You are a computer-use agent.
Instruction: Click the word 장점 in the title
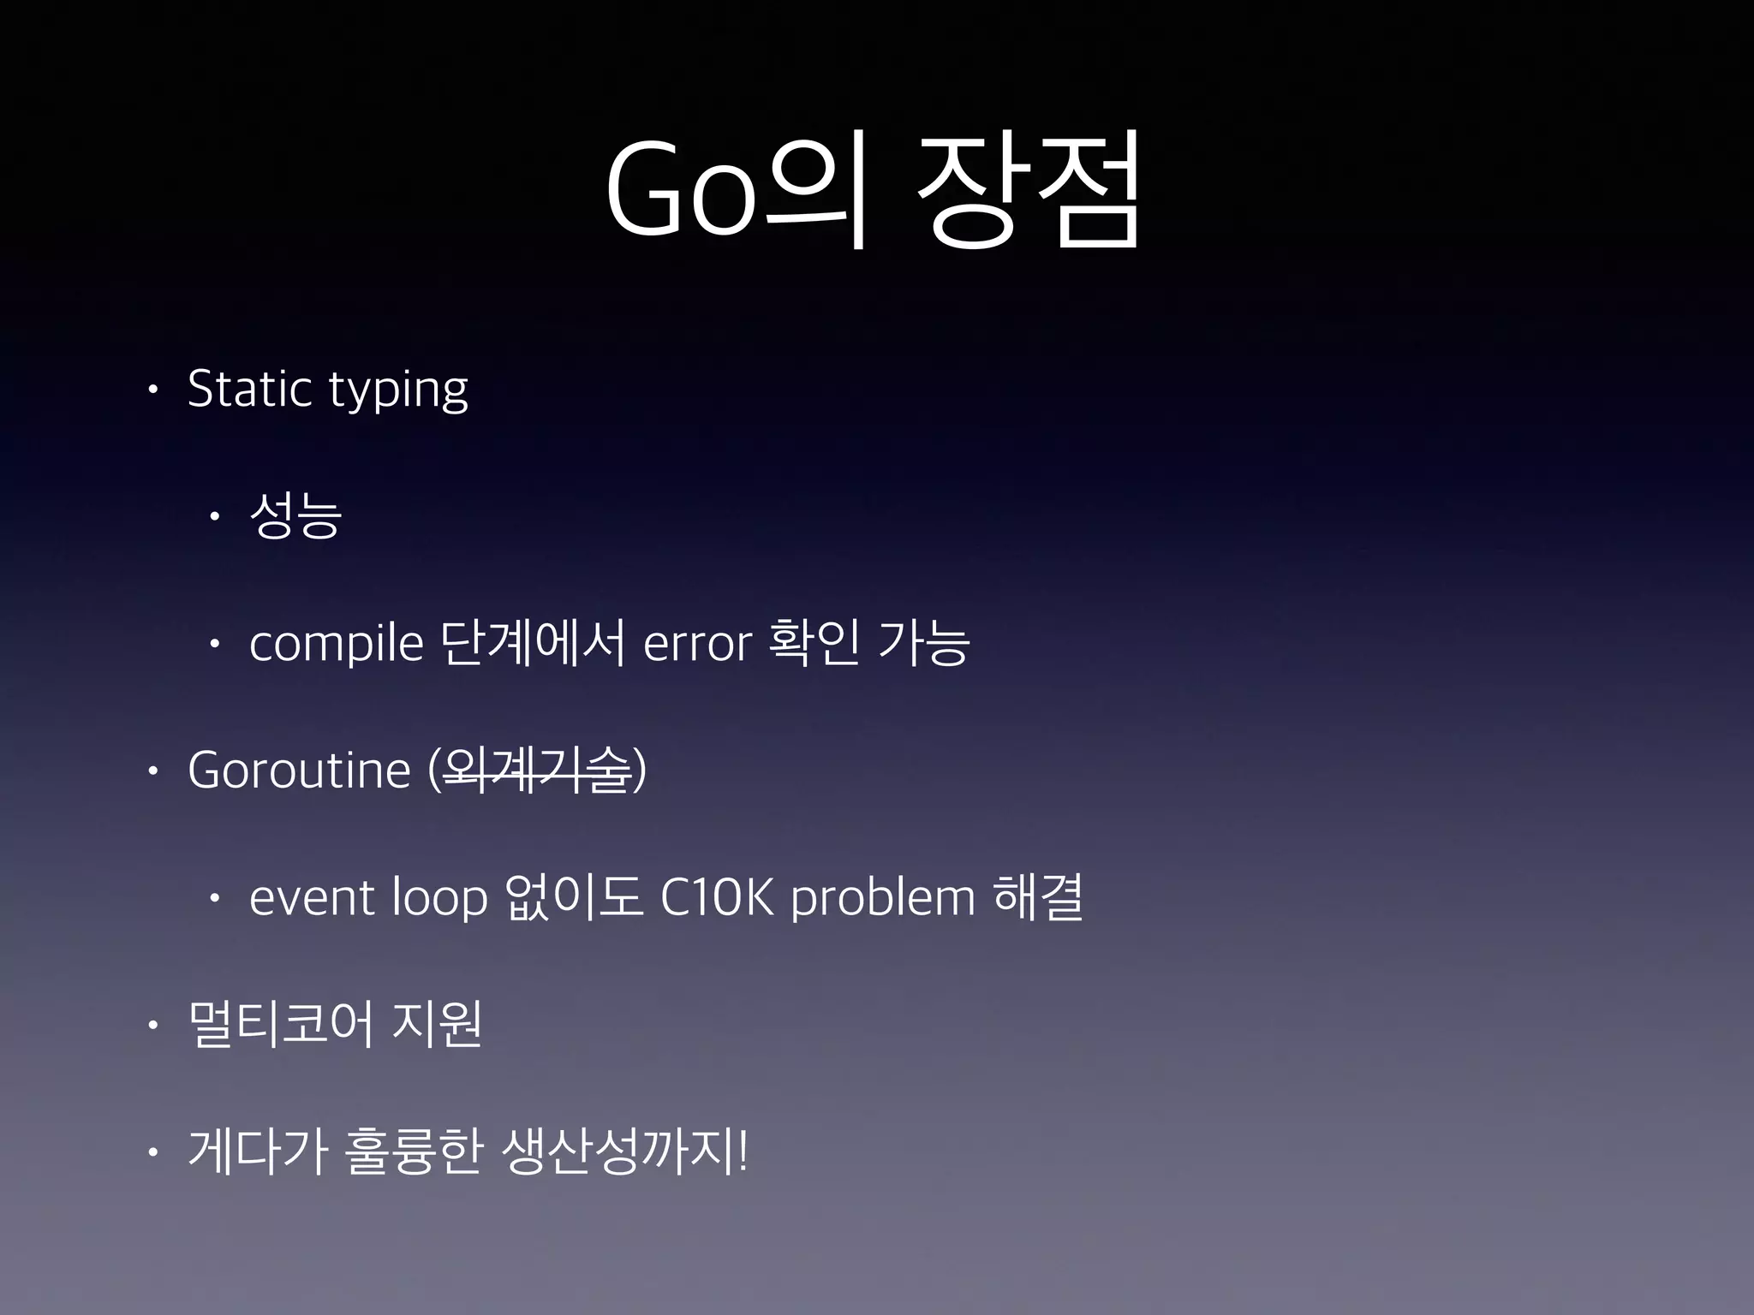click(x=1028, y=190)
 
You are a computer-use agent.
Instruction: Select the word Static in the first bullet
click(x=249, y=390)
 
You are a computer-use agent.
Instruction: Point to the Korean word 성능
click(x=295, y=515)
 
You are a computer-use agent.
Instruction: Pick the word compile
click(x=336, y=644)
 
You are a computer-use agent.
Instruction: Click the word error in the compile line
click(x=697, y=644)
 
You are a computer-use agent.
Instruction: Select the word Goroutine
click(x=299, y=770)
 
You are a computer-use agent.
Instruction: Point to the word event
click(x=313, y=898)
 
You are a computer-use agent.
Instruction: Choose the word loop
click(x=439, y=899)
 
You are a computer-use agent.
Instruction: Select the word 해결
click(x=1038, y=896)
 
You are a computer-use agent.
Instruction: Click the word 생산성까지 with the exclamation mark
click(x=625, y=1151)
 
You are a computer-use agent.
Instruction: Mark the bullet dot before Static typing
click(x=152, y=390)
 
